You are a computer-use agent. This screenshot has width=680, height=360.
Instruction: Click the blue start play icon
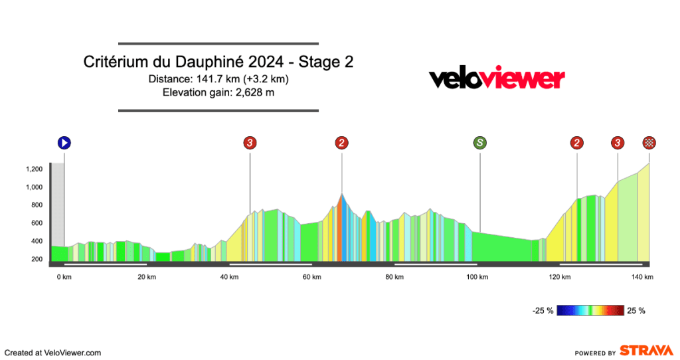click(x=64, y=142)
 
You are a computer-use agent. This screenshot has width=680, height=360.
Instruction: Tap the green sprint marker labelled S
click(x=479, y=142)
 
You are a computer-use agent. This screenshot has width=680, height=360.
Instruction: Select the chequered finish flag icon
click(x=649, y=142)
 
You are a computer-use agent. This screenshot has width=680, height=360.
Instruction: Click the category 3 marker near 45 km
click(x=250, y=142)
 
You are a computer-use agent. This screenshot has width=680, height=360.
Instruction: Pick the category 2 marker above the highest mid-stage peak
click(x=341, y=142)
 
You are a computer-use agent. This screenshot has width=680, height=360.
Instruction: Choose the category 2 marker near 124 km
click(x=577, y=142)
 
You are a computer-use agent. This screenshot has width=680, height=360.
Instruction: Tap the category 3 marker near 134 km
click(x=618, y=142)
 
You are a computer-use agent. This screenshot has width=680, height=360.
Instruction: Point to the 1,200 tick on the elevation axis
click(x=34, y=169)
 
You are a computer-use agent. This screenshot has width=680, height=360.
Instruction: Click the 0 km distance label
click(x=64, y=277)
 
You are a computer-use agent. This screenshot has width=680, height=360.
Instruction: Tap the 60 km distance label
click(x=311, y=277)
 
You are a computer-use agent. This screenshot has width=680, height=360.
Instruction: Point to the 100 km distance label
click(x=477, y=277)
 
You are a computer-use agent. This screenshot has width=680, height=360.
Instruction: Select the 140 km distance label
click(x=643, y=277)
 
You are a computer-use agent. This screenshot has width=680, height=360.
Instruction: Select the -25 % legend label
click(x=543, y=310)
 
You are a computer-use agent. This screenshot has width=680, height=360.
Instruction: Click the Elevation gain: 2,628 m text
click(x=218, y=92)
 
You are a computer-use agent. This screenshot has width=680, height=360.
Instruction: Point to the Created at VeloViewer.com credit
click(x=52, y=353)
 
